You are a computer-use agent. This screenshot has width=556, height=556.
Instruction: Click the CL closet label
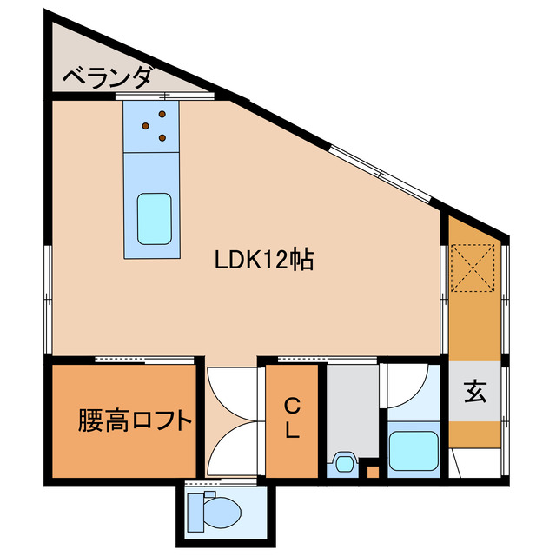click(293, 418)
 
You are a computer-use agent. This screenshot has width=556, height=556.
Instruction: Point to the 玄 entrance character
click(474, 392)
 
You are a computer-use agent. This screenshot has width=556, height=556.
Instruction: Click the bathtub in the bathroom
click(414, 451)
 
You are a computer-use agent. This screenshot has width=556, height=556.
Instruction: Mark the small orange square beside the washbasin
click(373, 473)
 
